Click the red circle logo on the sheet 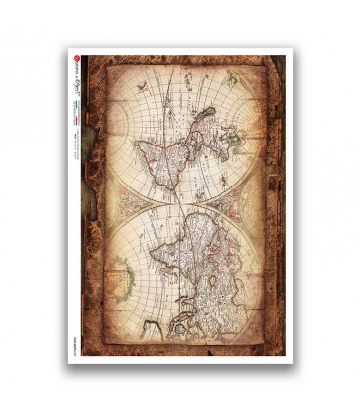tap(78, 60)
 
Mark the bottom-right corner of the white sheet tap(292, 362)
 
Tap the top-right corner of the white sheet tap(292, 49)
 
